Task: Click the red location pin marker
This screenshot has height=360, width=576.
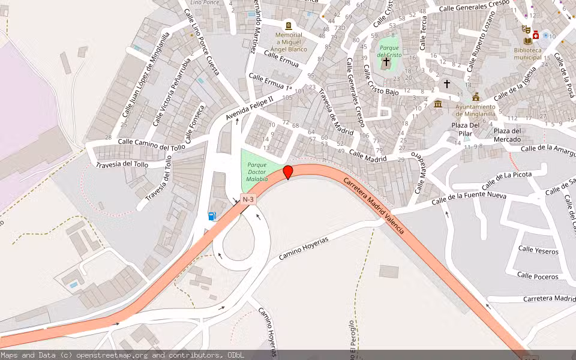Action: pos(288,172)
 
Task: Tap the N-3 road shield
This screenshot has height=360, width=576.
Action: pos(248,199)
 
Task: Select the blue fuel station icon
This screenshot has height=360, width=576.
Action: pos(212,216)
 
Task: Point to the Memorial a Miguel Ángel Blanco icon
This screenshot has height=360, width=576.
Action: pos(289,26)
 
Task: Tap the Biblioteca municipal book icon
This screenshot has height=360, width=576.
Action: pos(527,40)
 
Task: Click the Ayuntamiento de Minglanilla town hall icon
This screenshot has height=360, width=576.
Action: pos(476,97)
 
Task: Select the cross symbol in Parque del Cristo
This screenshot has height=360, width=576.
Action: pos(386,61)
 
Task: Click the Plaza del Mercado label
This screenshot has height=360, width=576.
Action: pos(507,135)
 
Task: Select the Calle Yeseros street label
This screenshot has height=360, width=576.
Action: pos(538,250)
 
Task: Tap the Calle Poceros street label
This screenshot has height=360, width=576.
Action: pos(538,277)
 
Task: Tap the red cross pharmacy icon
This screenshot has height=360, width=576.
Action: pos(535,35)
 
